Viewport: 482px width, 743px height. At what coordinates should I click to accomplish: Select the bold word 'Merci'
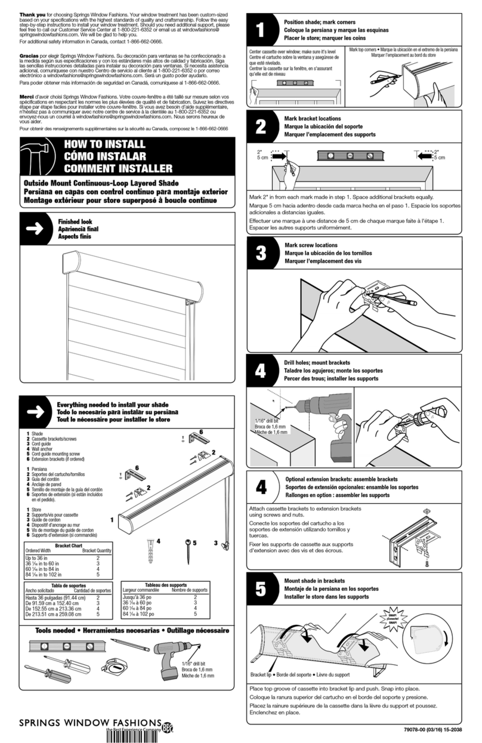pos(27,97)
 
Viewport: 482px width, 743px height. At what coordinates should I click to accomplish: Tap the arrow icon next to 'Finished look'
pos(35,229)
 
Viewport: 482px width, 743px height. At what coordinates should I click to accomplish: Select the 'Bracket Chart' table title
pos(67,545)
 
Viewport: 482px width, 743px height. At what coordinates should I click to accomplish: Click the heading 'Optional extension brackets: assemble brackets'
pos(341,479)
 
